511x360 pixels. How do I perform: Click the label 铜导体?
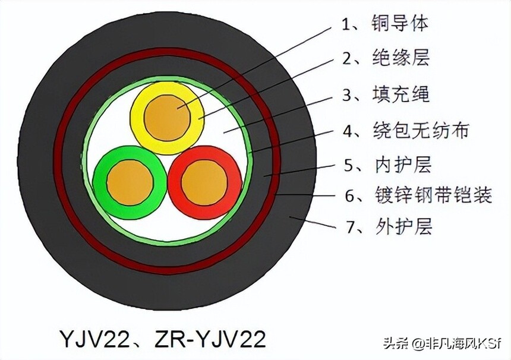pos(400,23)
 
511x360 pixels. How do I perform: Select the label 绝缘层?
pos(401,58)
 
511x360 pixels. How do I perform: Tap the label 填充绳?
pos(401,94)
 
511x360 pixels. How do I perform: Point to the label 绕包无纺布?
pos(421,130)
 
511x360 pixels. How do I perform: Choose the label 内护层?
pos(403,164)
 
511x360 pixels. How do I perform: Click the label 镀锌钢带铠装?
pos(433,195)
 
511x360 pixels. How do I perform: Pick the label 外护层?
pos(404,226)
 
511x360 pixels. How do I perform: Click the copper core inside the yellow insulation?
pos(168,118)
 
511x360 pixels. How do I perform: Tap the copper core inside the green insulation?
pos(130,182)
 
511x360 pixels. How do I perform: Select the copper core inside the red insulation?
pos(204,183)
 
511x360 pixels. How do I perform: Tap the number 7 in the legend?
pos(351,228)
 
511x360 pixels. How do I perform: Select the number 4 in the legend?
pos(348,131)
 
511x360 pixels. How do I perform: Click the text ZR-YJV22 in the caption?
pos(210,339)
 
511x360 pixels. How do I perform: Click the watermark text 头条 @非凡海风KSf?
pos(441,343)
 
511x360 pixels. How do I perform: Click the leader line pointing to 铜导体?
pos(254,68)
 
